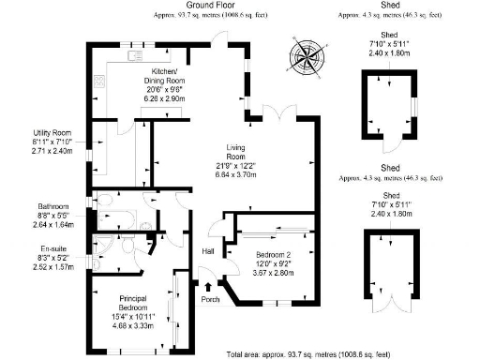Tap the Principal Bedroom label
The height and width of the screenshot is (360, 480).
click(135, 303)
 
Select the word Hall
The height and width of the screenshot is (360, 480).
click(209, 251)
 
